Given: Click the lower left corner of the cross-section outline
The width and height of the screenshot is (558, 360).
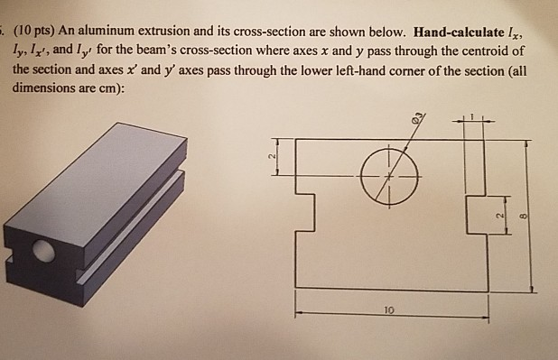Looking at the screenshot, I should tap(296, 289).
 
